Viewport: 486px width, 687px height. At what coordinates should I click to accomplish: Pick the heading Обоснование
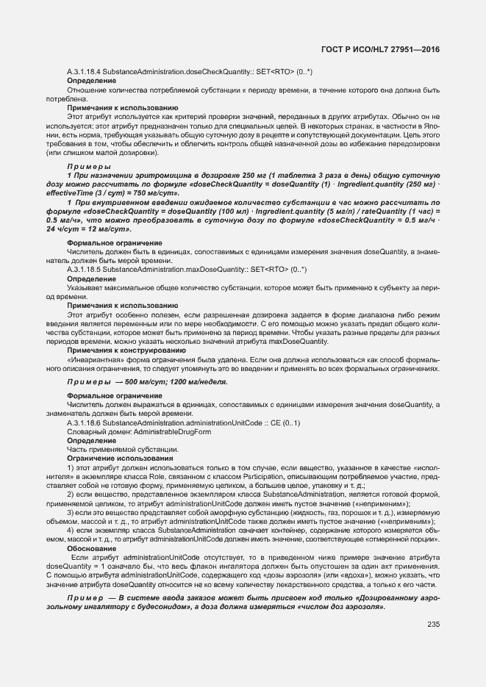(91, 548)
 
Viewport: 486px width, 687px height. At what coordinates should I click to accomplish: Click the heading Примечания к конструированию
(118, 350)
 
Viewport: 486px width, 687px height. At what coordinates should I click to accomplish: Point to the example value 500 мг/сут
(143, 382)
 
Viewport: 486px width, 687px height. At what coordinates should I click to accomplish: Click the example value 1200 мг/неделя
(198, 382)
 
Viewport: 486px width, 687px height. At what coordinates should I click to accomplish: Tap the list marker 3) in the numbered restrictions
(71, 513)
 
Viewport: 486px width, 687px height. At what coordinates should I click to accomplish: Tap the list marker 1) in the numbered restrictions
(71, 467)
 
